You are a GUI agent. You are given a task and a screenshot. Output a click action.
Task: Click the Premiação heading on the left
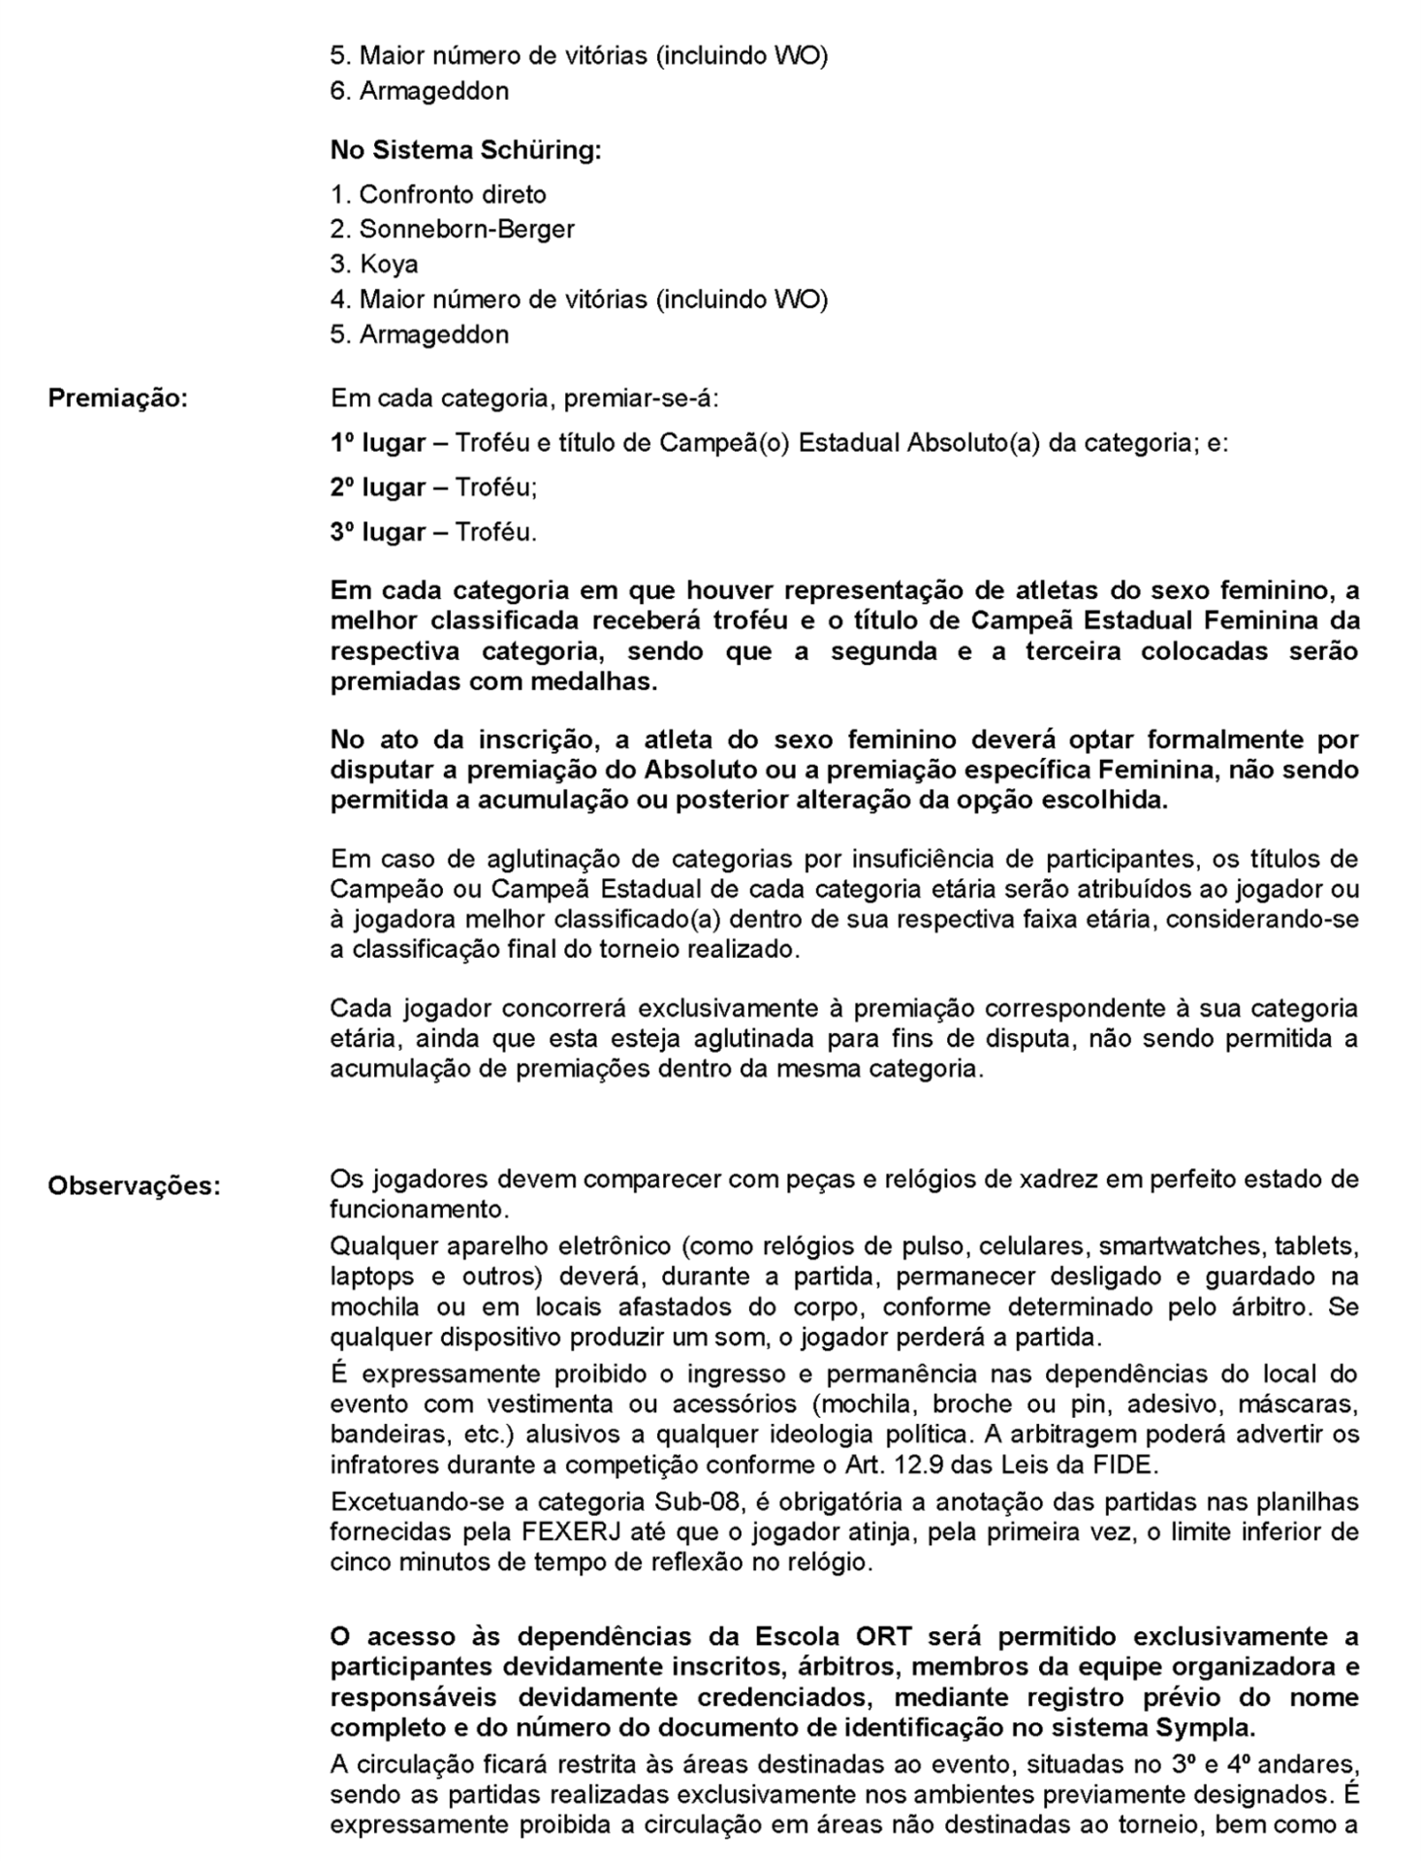click(117, 398)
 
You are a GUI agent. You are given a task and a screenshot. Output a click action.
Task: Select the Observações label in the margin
click(134, 1185)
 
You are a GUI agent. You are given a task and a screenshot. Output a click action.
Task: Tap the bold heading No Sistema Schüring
click(465, 151)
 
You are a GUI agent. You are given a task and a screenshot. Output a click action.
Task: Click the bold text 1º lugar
click(378, 443)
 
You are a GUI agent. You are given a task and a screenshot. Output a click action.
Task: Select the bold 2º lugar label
click(378, 488)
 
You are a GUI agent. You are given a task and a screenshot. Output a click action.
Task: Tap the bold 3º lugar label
click(378, 532)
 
